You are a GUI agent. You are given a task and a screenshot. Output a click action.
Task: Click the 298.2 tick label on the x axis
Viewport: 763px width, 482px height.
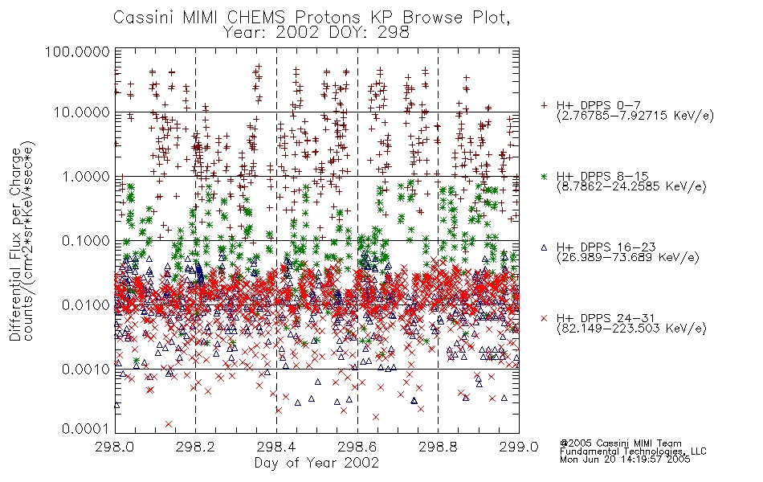pos(195,447)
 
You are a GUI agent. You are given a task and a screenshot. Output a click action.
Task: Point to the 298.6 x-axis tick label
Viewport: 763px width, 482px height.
pos(357,447)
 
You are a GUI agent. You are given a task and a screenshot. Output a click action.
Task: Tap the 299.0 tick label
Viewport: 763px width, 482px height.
pos(518,447)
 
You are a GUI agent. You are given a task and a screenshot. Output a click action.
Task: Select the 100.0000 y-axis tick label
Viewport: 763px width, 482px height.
pos(77,51)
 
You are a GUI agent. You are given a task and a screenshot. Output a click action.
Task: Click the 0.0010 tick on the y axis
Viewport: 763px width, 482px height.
pos(86,369)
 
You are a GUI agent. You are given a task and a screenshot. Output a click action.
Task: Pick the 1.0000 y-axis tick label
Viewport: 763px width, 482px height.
pos(86,176)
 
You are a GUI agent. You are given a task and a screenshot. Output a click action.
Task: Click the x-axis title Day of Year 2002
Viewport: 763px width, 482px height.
pos(316,463)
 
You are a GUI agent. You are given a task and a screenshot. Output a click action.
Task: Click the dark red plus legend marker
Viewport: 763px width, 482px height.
pos(544,105)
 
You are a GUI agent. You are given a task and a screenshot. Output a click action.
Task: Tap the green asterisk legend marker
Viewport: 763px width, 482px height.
pos(544,176)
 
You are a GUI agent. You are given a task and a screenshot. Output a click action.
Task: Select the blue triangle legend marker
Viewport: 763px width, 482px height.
pos(544,247)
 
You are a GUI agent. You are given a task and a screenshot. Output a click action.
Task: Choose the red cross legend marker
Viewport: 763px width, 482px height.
pos(544,318)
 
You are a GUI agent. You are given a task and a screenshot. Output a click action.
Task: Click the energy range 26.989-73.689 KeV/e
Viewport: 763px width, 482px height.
pos(628,257)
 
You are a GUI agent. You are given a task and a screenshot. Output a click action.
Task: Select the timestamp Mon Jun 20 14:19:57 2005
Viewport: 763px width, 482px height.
pos(625,460)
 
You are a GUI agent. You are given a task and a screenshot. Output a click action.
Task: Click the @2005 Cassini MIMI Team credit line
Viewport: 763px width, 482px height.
pos(620,443)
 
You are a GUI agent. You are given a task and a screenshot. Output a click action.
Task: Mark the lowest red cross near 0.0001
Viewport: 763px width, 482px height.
pos(169,424)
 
